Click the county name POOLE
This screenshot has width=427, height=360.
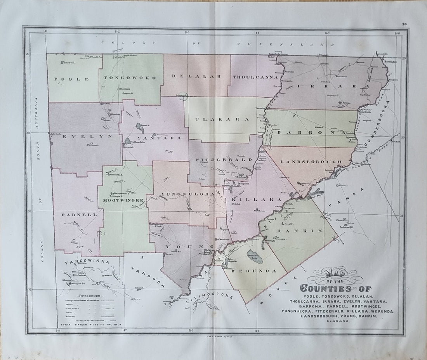point(72,79)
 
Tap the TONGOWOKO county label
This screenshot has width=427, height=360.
point(130,78)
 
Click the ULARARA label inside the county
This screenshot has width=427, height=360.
point(224,120)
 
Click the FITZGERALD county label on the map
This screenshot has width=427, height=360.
point(220,160)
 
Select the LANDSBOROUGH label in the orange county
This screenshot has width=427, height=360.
point(311,161)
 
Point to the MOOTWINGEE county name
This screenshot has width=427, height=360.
point(123,200)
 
